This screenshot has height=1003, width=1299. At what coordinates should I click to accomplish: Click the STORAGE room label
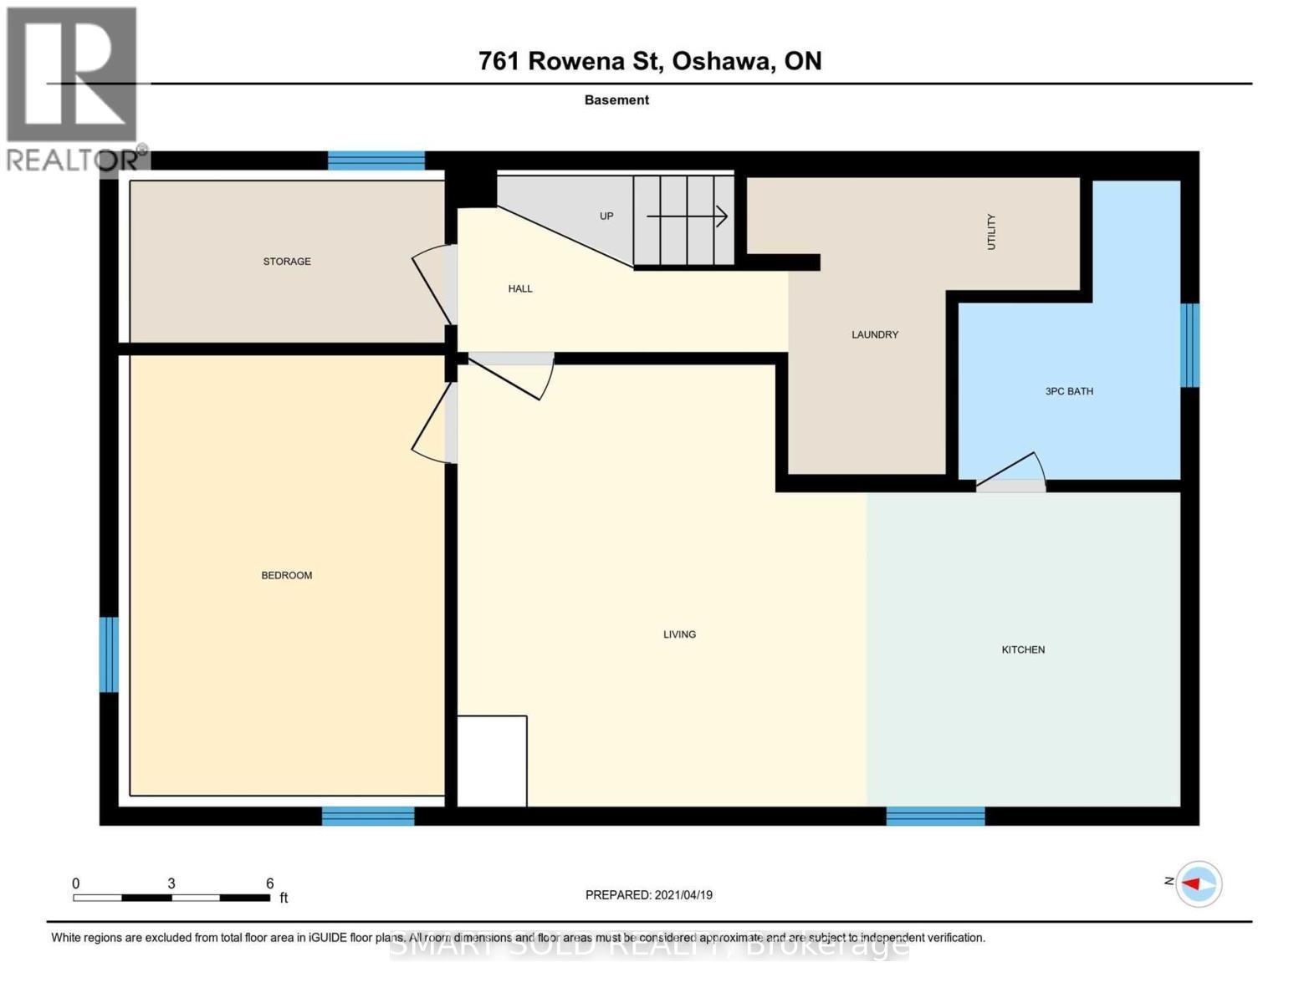(x=287, y=262)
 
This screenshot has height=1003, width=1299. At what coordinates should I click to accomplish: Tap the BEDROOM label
(x=287, y=575)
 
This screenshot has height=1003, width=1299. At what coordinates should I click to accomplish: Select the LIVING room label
(x=679, y=634)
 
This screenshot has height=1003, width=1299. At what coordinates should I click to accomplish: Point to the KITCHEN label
(x=1023, y=649)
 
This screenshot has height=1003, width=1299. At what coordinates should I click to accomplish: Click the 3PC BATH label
(x=1069, y=391)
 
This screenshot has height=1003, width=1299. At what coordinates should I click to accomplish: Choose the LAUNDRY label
(x=875, y=334)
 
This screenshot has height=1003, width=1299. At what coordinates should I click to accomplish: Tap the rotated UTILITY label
(x=991, y=232)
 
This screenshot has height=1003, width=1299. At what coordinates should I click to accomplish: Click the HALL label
(x=520, y=288)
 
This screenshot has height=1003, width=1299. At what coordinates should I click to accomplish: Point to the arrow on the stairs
(x=687, y=217)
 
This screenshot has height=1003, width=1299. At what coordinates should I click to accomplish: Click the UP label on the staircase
(x=606, y=216)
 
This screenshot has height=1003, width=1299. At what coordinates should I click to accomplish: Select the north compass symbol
(x=1199, y=883)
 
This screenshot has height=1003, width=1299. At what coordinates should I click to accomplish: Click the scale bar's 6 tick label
(x=269, y=883)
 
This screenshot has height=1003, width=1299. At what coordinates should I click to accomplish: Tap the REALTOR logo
(x=74, y=88)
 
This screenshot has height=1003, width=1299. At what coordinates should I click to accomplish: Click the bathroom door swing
(x=1013, y=473)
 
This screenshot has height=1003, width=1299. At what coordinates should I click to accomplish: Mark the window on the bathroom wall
(x=1189, y=345)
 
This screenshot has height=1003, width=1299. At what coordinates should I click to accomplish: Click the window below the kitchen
(x=935, y=816)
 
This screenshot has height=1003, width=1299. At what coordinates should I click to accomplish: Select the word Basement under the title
(x=616, y=99)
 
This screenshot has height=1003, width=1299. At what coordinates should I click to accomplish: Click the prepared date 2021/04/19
(x=683, y=895)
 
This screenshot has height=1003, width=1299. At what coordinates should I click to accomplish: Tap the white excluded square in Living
(x=492, y=761)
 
